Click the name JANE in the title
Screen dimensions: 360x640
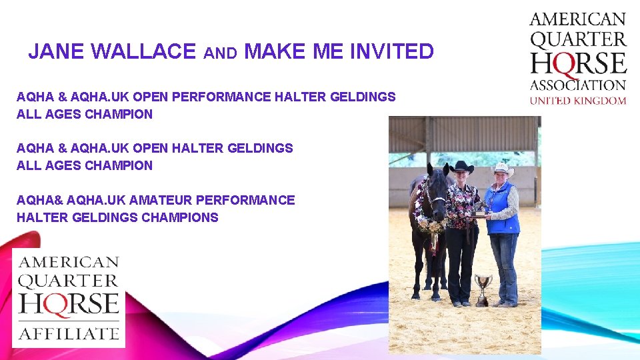[x=55, y=51]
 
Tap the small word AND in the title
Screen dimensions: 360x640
[x=220, y=53]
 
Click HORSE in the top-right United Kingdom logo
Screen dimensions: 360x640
[x=578, y=63]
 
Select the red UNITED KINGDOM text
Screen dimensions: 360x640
[x=578, y=101]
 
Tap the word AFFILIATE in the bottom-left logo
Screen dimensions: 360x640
[x=69, y=331]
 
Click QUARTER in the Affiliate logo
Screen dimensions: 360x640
[x=69, y=281]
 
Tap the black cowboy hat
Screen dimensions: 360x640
[x=461, y=167]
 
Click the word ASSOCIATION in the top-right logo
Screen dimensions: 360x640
[x=578, y=85]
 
